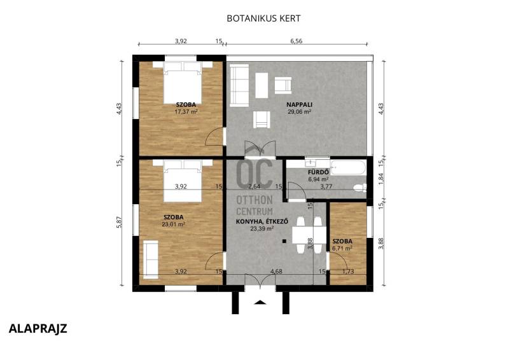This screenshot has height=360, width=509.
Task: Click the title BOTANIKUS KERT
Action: (x=263, y=18)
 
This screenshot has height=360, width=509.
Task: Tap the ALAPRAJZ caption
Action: (x=38, y=328)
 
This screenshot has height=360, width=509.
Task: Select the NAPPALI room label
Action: (x=299, y=104)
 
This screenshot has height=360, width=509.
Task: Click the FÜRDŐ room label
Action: (x=319, y=172)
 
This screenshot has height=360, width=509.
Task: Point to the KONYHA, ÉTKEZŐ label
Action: (x=262, y=222)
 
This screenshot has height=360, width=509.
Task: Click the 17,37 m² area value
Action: (x=186, y=112)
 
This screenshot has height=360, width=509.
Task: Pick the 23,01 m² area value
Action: (x=173, y=224)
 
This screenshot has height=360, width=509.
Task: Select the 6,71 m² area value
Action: (x=342, y=248)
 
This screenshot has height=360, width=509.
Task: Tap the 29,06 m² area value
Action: (x=299, y=112)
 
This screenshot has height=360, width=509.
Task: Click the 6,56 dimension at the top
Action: (x=296, y=41)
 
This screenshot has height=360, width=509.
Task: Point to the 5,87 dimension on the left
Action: (x=119, y=222)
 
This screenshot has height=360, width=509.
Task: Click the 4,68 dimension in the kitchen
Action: (x=276, y=272)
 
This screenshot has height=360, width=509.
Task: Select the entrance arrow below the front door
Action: (x=260, y=302)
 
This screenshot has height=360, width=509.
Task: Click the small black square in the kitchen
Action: (x=284, y=241)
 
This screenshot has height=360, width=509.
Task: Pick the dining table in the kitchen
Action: (x=309, y=235)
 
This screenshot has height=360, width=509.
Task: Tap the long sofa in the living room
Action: (x=239, y=85)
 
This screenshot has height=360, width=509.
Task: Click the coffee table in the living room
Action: (x=261, y=85)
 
